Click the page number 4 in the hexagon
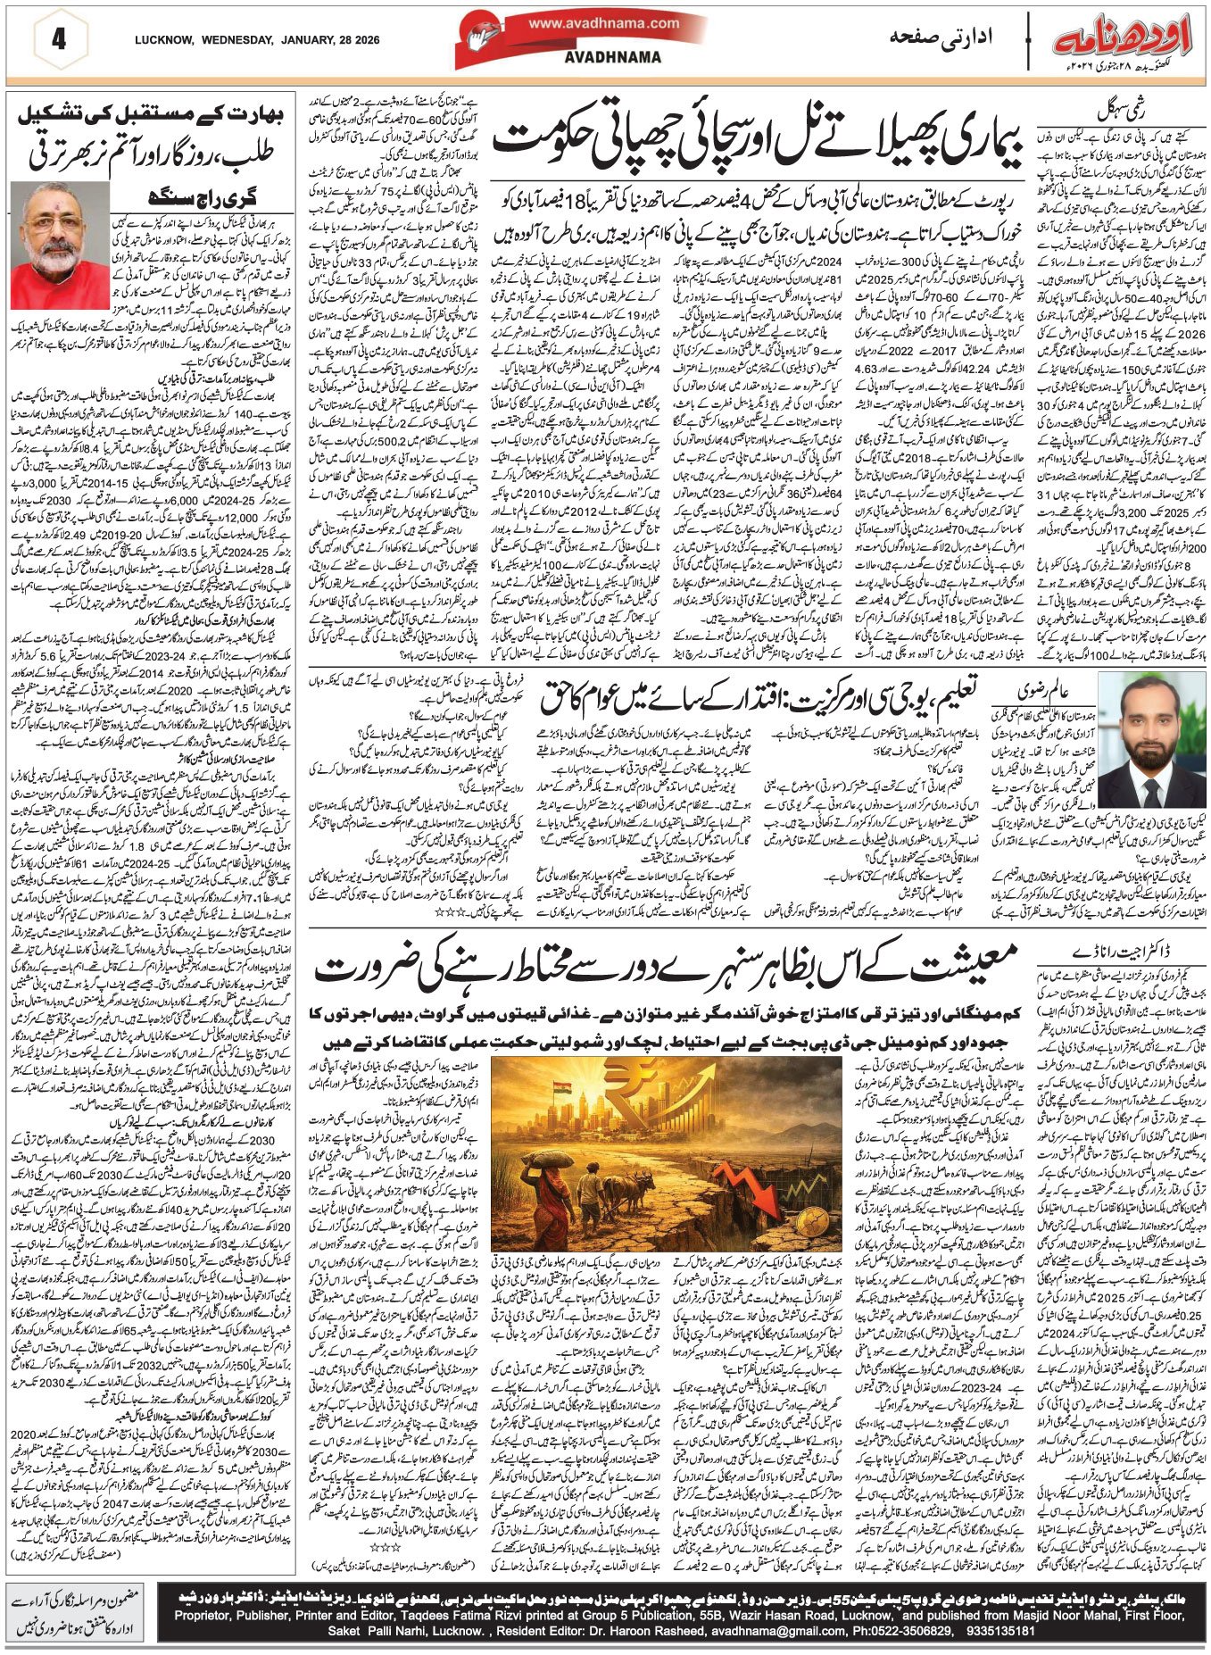[58, 40]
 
